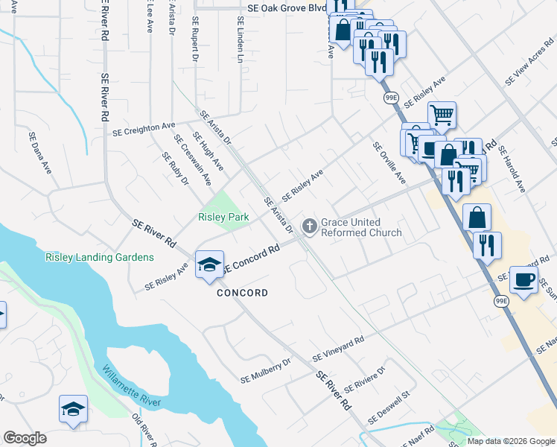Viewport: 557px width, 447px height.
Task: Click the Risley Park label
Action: pyautogui.click(x=223, y=218)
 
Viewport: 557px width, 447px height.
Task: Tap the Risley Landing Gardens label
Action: pyautogui.click(x=100, y=258)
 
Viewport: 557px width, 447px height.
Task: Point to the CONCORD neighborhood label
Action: pyautogui.click(x=242, y=293)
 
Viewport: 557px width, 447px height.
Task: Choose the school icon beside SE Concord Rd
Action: pyautogui.click(x=209, y=264)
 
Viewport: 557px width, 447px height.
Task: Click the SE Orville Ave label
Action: pyautogui.click(x=389, y=163)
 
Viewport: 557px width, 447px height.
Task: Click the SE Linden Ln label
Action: pyautogui.click(x=240, y=39)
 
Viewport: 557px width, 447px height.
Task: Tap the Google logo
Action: pyautogui.click(x=25, y=438)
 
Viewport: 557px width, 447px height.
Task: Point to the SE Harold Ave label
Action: pyautogui.click(x=514, y=170)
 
